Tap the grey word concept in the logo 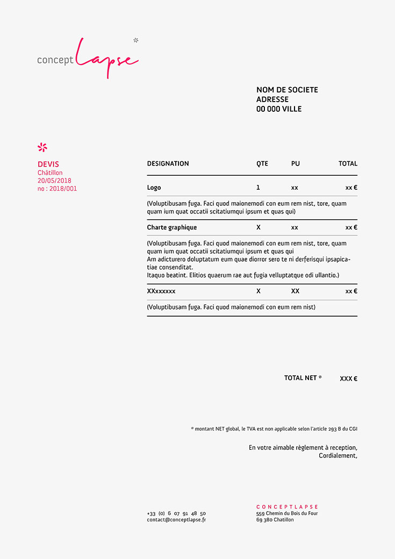(55, 60)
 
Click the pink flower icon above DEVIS (42, 147)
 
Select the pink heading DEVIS (48, 164)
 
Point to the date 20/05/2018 (54, 181)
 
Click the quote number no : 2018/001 (57, 189)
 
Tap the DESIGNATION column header (168, 163)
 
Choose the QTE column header (262, 163)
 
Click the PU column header (296, 163)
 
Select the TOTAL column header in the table (348, 163)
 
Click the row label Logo (154, 188)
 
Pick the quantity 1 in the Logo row (258, 188)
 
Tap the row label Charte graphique (172, 227)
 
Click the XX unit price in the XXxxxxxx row (296, 291)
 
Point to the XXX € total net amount (348, 378)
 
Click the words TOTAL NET (300, 378)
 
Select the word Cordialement (337, 456)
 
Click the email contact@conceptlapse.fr (176, 520)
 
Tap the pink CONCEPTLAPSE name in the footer (287, 507)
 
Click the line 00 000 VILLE (279, 109)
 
